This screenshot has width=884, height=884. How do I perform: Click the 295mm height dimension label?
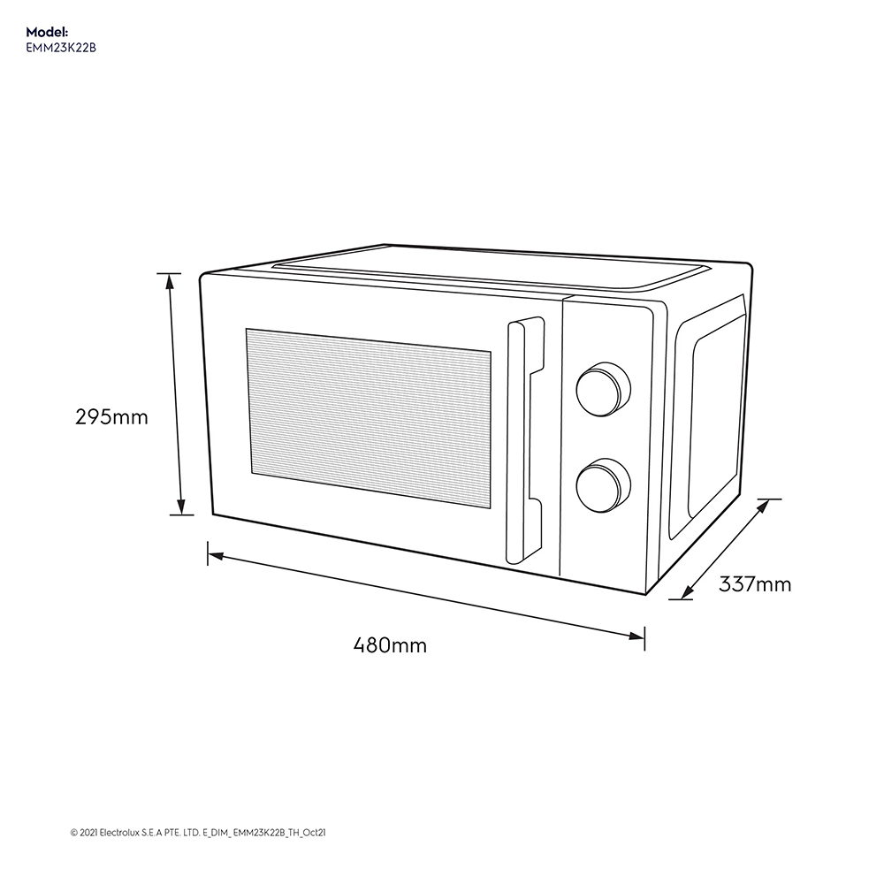pos(111,417)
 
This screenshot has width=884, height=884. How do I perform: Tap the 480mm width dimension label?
pos(390,644)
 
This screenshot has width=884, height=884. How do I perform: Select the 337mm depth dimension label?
pos(755,584)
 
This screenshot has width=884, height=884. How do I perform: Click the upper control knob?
pos(603,390)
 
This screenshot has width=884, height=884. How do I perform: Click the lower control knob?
pos(603,485)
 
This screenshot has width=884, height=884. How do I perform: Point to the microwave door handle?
pos(524,439)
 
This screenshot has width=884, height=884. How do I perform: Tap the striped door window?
pos(368,418)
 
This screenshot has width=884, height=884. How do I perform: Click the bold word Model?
pos(47,32)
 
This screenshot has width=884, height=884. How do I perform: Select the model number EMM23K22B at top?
pos(61,48)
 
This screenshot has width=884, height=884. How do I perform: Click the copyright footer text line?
pos(198,833)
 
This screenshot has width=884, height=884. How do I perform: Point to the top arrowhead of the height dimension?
pos(169,281)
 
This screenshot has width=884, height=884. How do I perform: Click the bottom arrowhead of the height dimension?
pos(181,507)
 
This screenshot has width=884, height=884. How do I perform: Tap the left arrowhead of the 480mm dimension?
pos(216,556)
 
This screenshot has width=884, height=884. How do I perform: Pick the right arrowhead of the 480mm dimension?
pos(636,636)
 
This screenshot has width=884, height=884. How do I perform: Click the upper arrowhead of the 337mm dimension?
pos(763,506)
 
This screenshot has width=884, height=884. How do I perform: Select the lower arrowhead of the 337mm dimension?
pos(687,592)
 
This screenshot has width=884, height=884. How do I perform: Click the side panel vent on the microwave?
pos(707,417)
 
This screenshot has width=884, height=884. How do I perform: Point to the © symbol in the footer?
pos(74,833)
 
